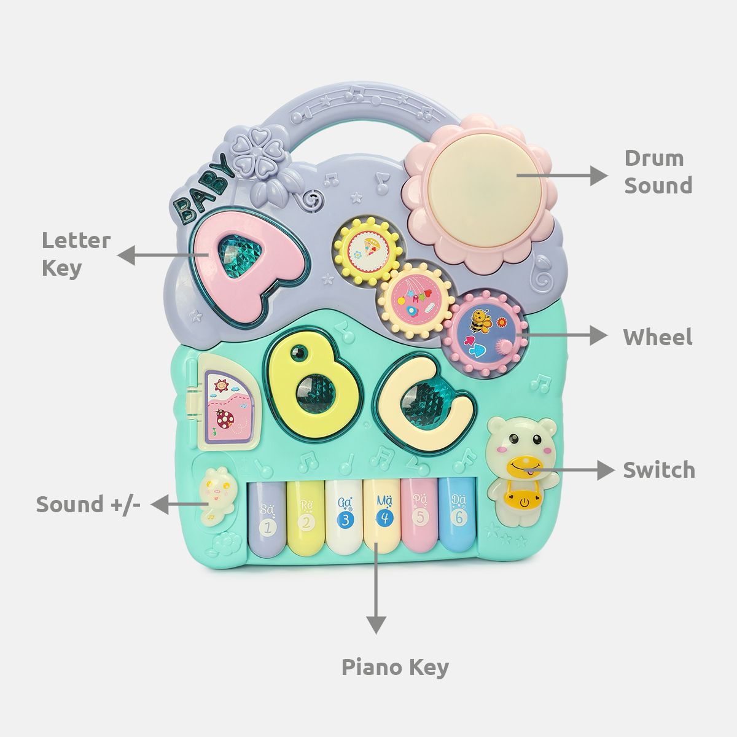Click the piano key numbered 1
click(268, 519)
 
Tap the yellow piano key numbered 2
click(306, 519)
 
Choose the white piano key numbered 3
click(344, 519)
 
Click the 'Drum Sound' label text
click(658, 171)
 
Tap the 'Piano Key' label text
click(395, 666)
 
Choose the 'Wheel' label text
click(657, 337)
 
